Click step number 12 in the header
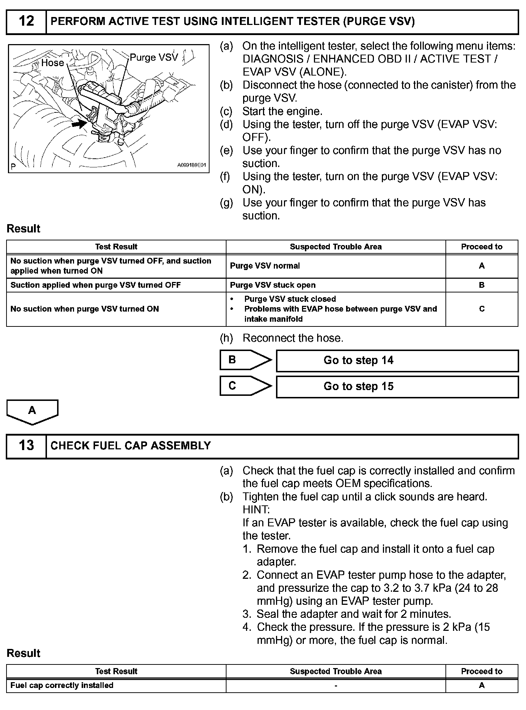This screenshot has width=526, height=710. click(26, 21)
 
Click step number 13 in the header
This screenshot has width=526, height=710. click(26, 445)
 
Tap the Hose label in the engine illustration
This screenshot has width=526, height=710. click(52, 63)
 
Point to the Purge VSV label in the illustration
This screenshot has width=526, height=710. click(154, 57)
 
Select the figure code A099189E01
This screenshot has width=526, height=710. click(191, 165)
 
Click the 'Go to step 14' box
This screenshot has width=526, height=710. click(397, 360)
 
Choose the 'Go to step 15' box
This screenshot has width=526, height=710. click(397, 386)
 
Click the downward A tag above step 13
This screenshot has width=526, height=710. click(32, 411)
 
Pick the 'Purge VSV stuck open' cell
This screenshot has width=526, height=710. click(273, 285)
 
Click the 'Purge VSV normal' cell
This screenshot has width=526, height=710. click(265, 266)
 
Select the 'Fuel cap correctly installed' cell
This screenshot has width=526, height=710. click(62, 685)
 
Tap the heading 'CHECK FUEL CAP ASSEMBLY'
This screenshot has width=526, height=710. click(131, 445)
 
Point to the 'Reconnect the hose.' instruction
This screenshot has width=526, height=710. click(293, 338)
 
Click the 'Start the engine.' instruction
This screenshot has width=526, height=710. click(282, 111)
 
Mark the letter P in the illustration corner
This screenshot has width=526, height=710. click(13, 167)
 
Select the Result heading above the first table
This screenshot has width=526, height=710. click(23, 229)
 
